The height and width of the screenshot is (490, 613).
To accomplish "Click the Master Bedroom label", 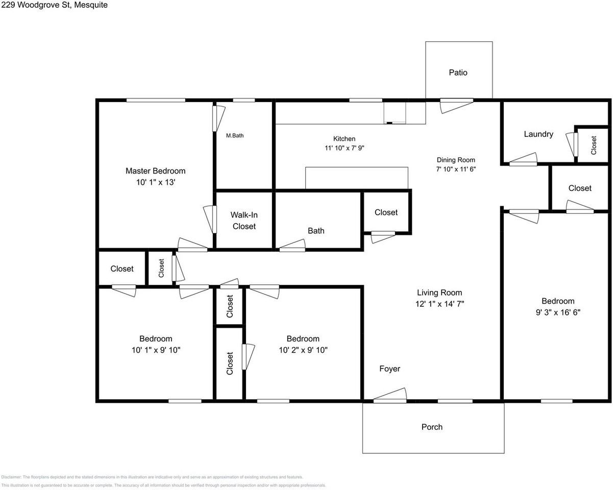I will coord(156,171).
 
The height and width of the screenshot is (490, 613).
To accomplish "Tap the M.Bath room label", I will coord(235,136).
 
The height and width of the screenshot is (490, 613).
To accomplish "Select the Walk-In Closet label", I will coord(244,220).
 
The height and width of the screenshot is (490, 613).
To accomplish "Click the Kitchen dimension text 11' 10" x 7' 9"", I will coord(344,148).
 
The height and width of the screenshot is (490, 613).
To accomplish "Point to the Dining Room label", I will coord(456,160).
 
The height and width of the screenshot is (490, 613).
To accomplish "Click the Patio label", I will coord(458,72).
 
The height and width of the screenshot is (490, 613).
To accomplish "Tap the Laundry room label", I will coord(538,134).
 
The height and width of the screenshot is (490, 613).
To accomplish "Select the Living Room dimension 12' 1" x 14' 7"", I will coord(439,304).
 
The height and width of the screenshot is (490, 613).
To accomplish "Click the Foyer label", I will coord(389,369).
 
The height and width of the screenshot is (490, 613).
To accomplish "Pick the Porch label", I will coord(432,427).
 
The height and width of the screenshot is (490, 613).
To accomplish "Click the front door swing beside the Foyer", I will coord(390,396).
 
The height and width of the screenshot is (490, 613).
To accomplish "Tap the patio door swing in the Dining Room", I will coord(457,106).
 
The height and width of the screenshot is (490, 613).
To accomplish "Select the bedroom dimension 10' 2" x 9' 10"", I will coord(303,350).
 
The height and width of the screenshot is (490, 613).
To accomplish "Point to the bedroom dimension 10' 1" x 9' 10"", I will coord(156,350).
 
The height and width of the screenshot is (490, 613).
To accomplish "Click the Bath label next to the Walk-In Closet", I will coord(316,231).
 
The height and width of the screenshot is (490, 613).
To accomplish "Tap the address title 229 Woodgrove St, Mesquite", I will coord(54,5).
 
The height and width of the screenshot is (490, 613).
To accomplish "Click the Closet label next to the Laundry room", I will coord(594,145).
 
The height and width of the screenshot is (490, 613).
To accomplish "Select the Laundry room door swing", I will coord(524,160).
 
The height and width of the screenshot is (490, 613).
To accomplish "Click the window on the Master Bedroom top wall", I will coord(156,100).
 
